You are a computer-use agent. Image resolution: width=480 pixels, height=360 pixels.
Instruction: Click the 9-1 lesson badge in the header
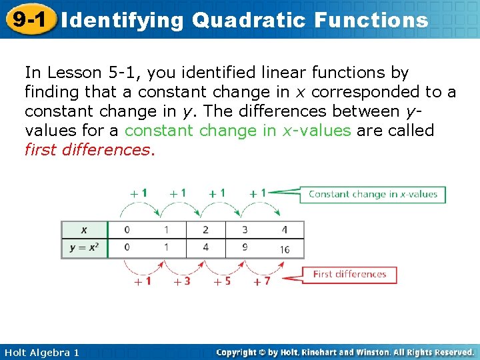coord(27,19)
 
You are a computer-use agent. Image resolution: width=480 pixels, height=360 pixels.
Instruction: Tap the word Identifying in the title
coord(122,20)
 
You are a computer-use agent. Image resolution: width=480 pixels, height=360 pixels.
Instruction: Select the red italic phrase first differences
coord(89,149)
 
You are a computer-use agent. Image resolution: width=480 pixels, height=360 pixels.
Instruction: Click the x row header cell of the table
coord(83,230)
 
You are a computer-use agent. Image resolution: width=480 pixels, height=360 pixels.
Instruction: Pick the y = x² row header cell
coord(84,248)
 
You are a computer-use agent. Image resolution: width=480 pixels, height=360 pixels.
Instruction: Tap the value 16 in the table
coord(284,249)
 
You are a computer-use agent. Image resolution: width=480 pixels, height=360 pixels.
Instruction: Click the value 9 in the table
coord(245,247)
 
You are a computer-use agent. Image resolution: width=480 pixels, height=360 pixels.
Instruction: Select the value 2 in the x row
coord(205,230)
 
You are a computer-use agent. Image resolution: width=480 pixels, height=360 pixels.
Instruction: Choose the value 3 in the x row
coord(245,230)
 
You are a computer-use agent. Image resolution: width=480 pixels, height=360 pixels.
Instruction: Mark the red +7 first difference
coord(261,281)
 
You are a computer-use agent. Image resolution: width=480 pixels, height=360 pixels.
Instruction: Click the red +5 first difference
coord(222,281)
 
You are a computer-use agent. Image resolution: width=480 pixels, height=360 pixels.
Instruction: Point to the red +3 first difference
coord(181,281)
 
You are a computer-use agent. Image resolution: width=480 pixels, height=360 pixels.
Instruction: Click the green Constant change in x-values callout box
coord(373,195)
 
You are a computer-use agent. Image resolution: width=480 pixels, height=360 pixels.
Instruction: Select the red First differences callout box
coord(349,274)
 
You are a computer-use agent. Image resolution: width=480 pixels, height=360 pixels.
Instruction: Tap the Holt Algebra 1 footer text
coord(42,352)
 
